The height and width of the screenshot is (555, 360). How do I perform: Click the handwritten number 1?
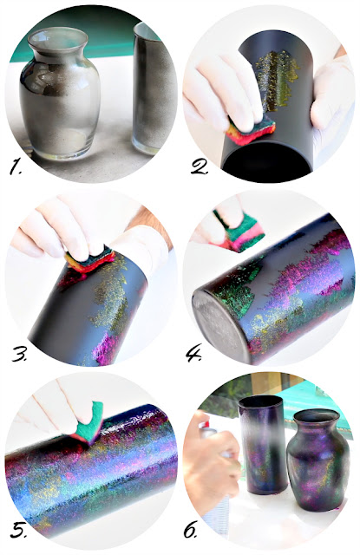coord(16,167)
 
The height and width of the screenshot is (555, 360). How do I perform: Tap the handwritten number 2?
coord(200,167)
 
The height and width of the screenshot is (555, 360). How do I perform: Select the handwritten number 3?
coord(19,354)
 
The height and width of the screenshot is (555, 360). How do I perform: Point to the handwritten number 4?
coord(193,354)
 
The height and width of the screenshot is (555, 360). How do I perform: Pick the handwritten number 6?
coord(191,530)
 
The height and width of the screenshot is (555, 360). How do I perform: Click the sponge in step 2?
coord(252,130)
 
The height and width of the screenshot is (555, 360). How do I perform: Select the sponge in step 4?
coord(239,230)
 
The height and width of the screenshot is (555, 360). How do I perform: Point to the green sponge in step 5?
coord(88,423)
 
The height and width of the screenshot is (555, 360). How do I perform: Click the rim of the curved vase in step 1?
coord(58,39)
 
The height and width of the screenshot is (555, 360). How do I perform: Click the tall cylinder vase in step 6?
coord(261,445)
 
